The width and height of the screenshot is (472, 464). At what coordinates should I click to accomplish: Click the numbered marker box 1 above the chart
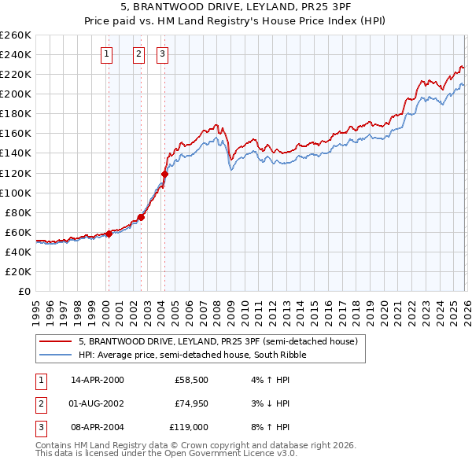106,54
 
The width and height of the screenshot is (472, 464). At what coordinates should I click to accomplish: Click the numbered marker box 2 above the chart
138,54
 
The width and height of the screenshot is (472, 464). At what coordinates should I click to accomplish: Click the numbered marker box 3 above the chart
162,54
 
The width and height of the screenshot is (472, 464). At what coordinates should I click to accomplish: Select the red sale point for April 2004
164,174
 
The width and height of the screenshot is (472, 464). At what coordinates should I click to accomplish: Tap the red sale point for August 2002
141,217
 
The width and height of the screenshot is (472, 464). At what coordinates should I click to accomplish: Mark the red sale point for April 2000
109,234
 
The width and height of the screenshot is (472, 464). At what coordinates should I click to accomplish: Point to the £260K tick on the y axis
16,35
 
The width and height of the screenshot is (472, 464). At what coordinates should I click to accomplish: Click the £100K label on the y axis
16,193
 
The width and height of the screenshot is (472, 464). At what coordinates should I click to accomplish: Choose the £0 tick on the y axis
24,291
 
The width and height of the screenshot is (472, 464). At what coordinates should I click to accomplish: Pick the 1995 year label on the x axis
36,307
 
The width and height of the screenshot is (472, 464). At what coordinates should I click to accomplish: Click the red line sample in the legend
56,342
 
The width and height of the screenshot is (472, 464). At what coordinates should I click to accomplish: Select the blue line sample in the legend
56,355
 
